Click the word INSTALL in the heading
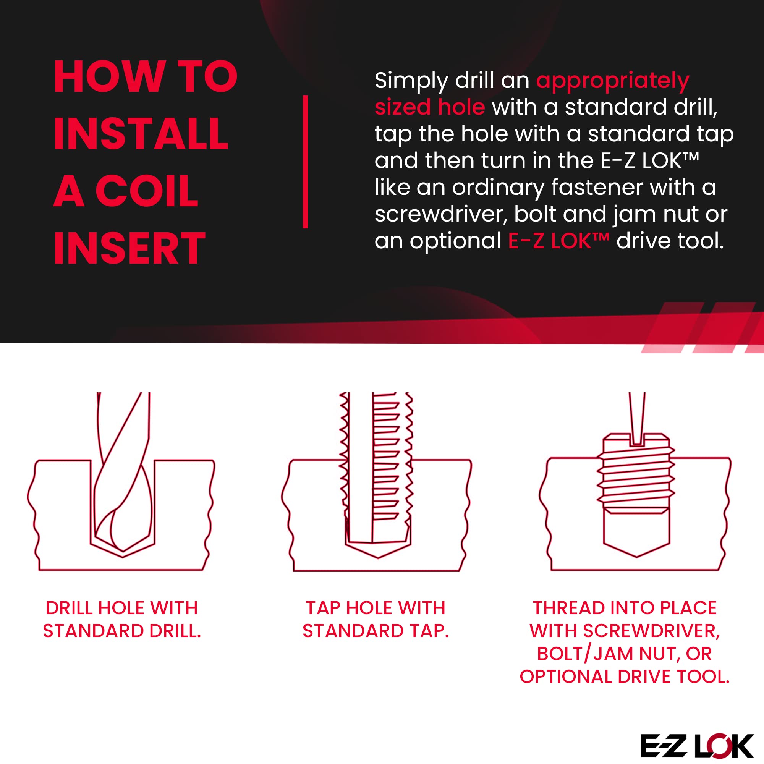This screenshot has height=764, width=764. [x=141, y=134]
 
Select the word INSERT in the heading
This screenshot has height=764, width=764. [x=129, y=248]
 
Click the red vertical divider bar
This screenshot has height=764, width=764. [x=305, y=162]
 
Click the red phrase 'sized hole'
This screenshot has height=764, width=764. [x=429, y=107]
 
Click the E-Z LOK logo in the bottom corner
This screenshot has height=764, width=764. [x=697, y=746]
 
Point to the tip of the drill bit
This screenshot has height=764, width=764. [x=123, y=551]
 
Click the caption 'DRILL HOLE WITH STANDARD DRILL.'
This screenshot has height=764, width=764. [x=122, y=619]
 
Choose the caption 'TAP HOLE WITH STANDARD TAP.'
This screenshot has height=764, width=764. [x=376, y=619]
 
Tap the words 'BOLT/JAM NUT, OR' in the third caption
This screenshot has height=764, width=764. [x=625, y=654]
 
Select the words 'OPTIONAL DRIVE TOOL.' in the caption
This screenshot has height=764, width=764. [x=625, y=677]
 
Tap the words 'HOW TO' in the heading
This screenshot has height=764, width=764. [x=146, y=76]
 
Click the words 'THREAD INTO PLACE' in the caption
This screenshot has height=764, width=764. [x=625, y=608]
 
